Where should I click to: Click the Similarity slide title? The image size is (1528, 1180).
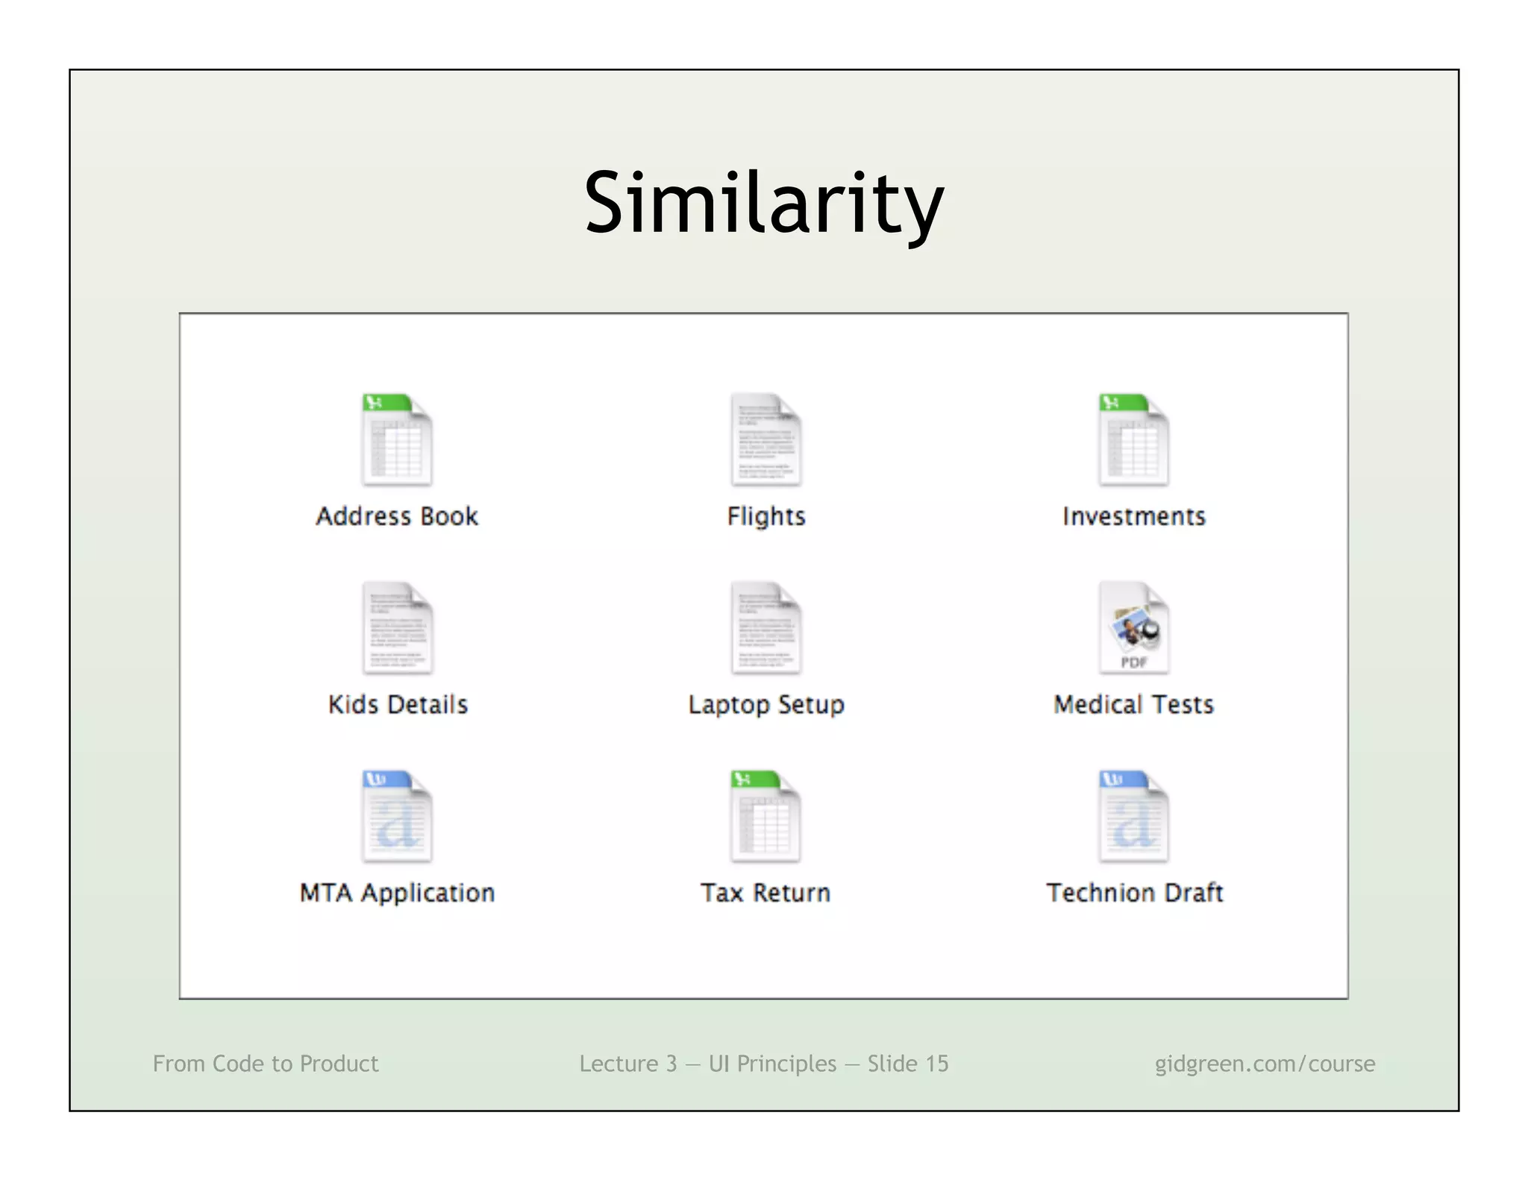(764, 203)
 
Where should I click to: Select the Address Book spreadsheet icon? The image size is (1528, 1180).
(397, 440)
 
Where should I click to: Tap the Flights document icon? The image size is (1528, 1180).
(765, 440)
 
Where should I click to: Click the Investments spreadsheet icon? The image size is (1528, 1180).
(1133, 440)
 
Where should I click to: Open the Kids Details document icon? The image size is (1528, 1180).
(397, 628)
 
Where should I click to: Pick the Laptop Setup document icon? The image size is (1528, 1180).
(765, 628)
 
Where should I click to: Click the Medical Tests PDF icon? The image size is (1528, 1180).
(1133, 628)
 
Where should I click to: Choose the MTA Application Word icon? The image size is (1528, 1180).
(397, 817)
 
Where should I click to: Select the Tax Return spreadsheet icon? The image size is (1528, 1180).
(765, 817)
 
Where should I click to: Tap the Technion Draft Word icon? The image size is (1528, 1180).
(1133, 817)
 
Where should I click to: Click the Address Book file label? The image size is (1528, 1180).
(397, 516)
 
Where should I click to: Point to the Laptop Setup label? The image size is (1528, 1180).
(766, 705)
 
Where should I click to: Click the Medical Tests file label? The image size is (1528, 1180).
(1133, 705)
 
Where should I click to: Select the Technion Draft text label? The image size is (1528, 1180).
(1134, 893)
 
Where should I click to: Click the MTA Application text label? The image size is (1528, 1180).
(397, 893)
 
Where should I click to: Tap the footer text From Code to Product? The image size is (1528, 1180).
(266, 1064)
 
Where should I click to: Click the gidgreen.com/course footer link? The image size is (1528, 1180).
(1265, 1064)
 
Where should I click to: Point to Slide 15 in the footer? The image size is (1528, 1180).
(907, 1064)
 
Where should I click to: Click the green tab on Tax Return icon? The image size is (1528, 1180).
(754, 779)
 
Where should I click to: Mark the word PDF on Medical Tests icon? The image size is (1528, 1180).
(1133, 662)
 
